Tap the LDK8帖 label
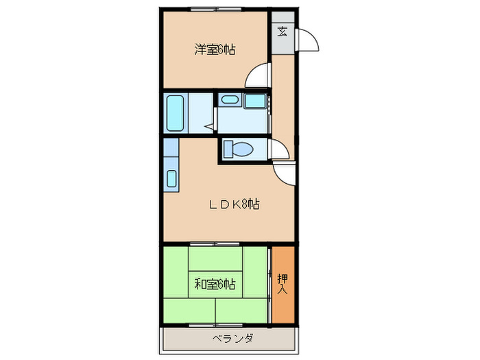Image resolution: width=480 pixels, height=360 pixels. [x=234, y=204]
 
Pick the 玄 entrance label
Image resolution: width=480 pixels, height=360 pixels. [x=283, y=31]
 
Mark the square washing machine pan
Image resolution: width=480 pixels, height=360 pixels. [x=256, y=101]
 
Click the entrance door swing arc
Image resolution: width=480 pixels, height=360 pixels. [x=309, y=41]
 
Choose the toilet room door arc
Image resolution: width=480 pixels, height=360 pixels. [x=280, y=149]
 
